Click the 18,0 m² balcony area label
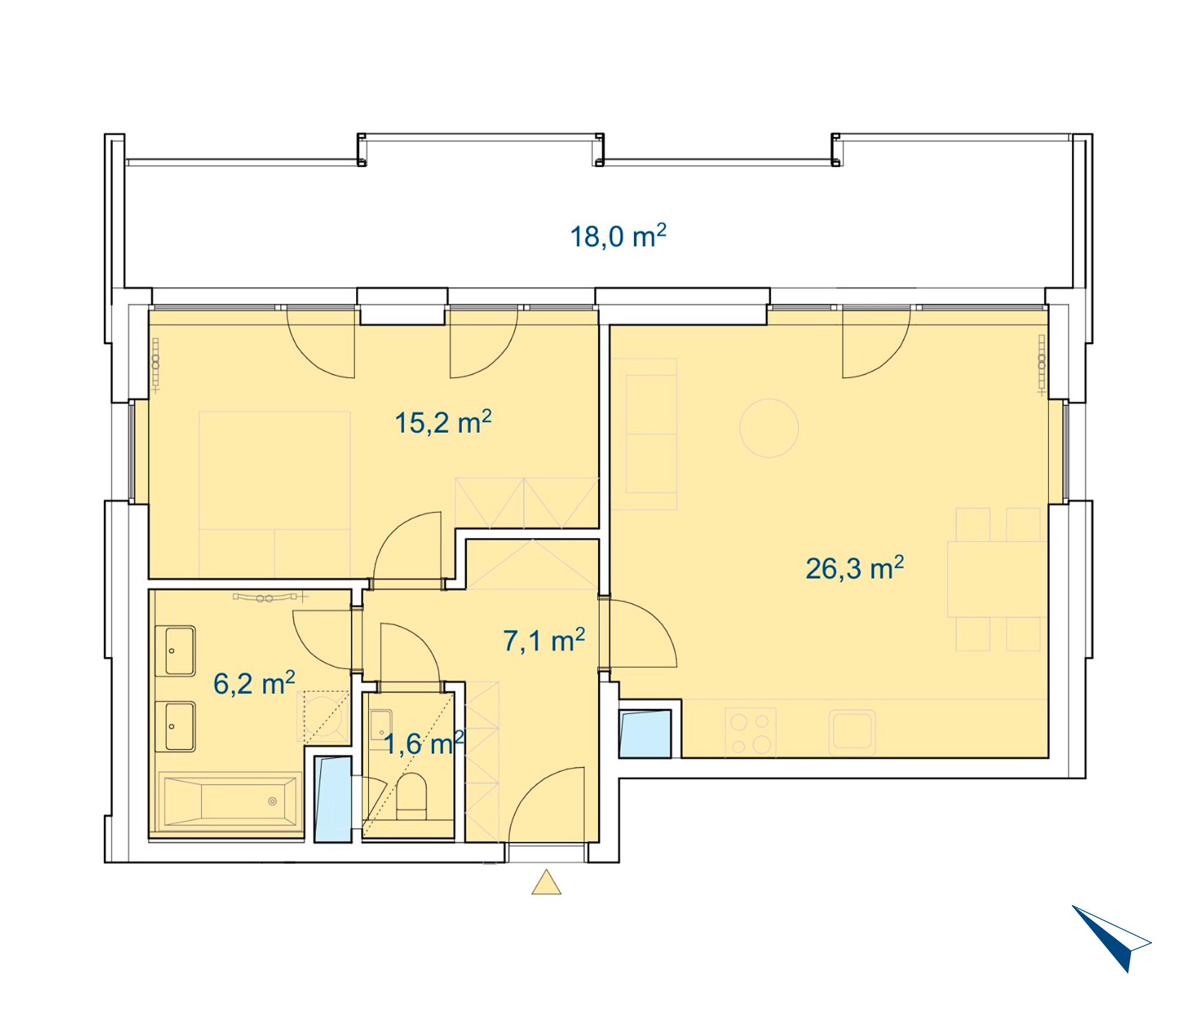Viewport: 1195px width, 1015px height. [618, 236]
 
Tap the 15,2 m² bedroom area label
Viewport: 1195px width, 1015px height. [443, 422]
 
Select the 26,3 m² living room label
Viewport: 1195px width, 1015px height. [854, 568]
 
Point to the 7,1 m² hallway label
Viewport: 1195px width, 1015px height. [544, 640]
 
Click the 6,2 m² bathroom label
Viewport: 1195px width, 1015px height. [254, 683]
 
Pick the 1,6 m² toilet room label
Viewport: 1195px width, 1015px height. [424, 743]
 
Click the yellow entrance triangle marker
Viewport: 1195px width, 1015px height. [546, 882]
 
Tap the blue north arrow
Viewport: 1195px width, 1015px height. [1111, 937]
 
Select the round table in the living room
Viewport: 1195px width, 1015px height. [769, 428]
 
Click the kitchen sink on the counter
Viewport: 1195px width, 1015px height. [852, 733]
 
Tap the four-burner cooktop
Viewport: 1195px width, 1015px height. [750, 733]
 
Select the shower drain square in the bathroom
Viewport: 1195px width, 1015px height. [323, 717]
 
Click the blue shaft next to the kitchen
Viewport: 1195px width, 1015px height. [645, 734]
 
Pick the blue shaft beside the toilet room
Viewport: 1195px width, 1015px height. [333, 799]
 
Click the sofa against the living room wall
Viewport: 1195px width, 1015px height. [644, 434]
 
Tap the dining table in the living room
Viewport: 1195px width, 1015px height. [997, 579]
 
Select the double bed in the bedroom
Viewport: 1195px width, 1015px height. [275, 494]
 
